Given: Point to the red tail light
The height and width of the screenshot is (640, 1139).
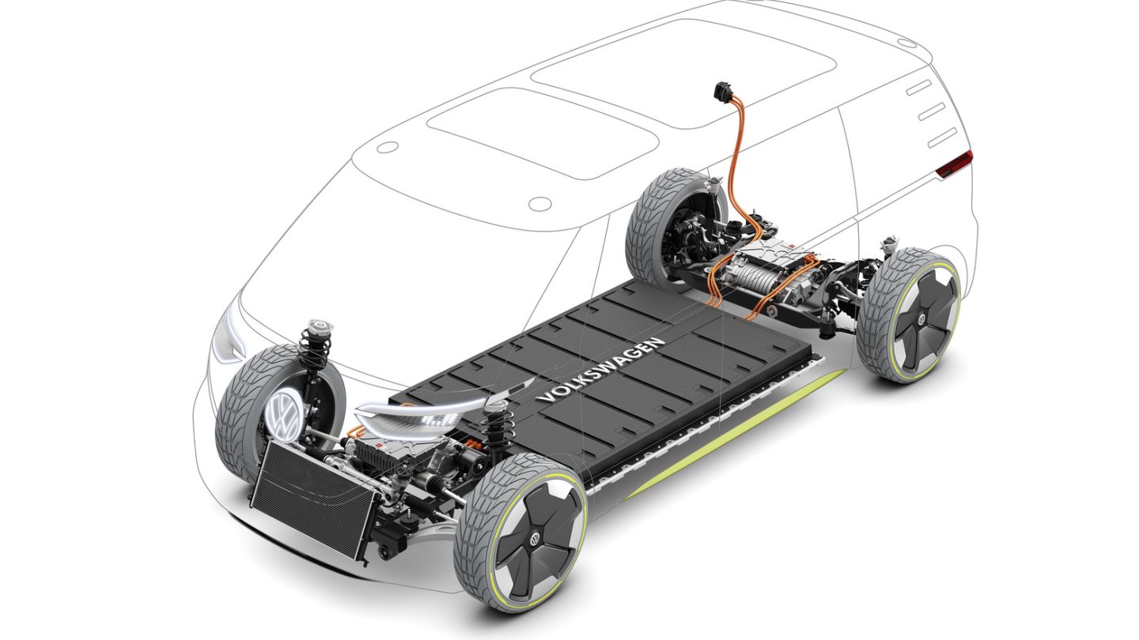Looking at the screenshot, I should tap(955, 164).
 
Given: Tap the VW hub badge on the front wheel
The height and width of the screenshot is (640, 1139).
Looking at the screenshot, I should tap(535, 538).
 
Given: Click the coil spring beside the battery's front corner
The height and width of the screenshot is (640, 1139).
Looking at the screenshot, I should tap(496, 431).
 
